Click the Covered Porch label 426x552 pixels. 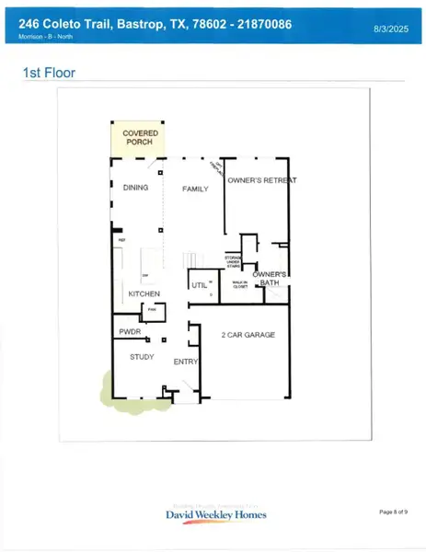(141, 138)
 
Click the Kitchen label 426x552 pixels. (144, 294)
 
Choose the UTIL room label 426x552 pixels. (199, 286)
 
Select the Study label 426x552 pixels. (142, 356)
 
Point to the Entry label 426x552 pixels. (186, 362)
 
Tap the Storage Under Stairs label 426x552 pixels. (234, 262)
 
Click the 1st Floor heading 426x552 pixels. (49, 72)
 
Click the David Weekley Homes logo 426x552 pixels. (216, 513)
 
